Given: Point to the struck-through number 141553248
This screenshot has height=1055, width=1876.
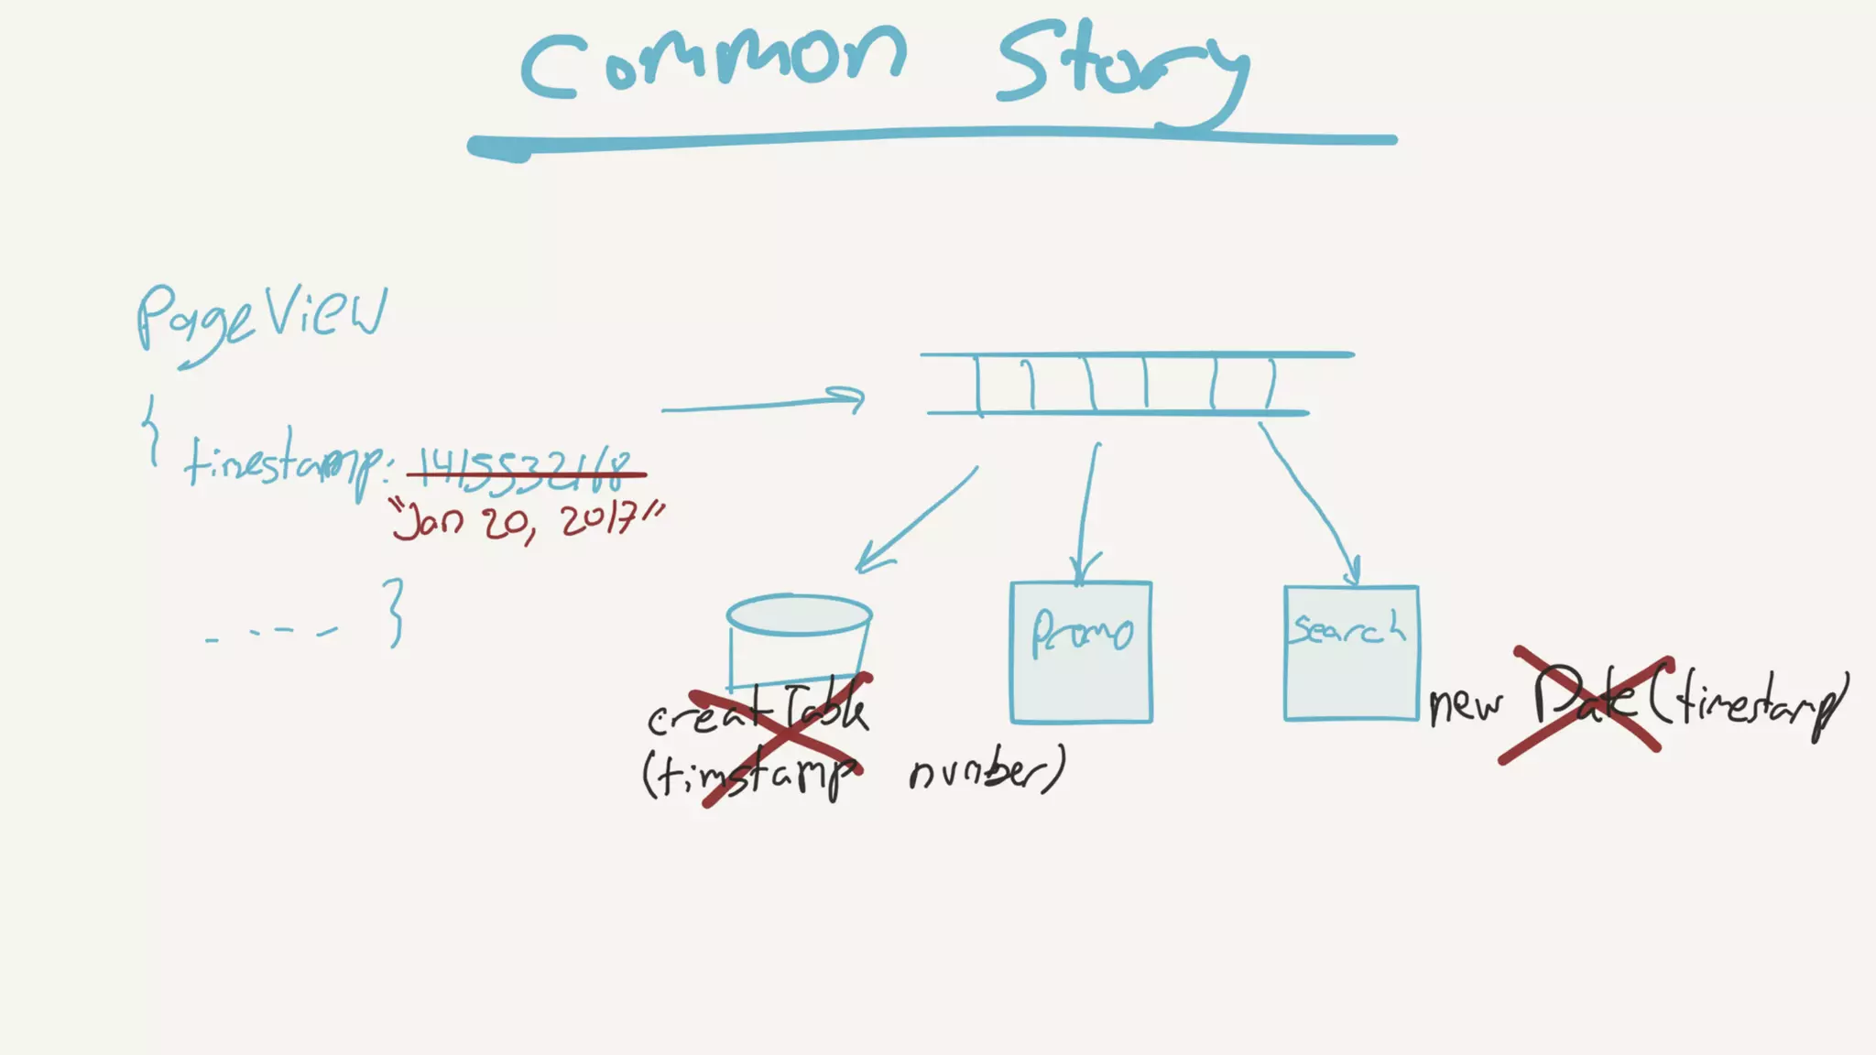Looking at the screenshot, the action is pyautogui.click(x=526, y=471).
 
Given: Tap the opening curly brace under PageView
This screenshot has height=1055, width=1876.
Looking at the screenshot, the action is pyautogui.click(x=152, y=430).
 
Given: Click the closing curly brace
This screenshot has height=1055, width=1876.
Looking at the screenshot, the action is pyautogui.click(x=394, y=612).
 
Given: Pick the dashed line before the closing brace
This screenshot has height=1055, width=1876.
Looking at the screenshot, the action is pyautogui.click(x=272, y=633).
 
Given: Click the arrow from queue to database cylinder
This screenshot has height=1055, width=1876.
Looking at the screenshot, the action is pyautogui.click(x=916, y=519).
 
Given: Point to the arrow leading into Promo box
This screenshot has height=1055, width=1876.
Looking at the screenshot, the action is pyautogui.click(x=1087, y=513).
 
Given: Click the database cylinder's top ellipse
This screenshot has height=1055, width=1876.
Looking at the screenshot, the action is pyautogui.click(x=799, y=615).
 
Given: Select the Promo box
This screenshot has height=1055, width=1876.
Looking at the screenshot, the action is pyautogui.click(x=1081, y=652).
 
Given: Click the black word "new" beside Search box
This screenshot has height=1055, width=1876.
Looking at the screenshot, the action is pyautogui.click(x=1467, y=704).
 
